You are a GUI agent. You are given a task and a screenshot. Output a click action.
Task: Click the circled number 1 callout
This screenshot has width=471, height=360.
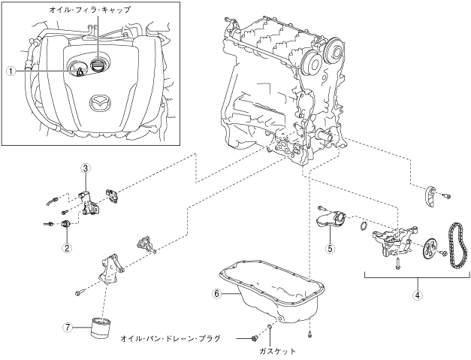tap(11, 71)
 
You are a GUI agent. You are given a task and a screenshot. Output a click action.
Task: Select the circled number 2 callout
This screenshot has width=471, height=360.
tap(67, 248)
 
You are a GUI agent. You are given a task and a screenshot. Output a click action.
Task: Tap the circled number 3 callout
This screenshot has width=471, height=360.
tap(86, 168)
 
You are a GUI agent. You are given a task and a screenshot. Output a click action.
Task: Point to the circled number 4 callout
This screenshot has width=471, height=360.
tap(417, 295)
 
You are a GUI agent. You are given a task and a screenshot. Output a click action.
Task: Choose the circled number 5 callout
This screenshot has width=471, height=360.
tap(331, 248)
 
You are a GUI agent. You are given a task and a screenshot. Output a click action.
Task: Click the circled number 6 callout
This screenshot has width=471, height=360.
tap(216, 294)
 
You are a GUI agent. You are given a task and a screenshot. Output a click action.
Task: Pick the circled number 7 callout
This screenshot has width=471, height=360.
tap(68, 327)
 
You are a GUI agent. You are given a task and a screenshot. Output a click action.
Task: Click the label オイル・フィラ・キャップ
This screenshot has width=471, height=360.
tap(90, 10)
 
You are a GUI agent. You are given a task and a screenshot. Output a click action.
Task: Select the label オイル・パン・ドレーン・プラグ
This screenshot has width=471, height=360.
tap(171, 339)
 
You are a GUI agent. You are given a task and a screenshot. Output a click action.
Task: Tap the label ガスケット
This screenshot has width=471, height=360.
tap(277, 351)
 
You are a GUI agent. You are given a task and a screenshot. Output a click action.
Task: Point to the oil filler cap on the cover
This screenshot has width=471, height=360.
tap(98, 65)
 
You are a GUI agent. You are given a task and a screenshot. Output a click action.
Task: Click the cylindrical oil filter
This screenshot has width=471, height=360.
tap(101, 328)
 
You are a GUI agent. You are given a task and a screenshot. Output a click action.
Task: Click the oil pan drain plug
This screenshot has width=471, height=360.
tap(255, 338)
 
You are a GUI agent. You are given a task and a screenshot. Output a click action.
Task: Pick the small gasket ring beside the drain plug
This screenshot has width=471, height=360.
tap(270, 326)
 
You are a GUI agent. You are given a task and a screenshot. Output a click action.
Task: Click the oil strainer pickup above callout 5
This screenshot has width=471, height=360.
tap(330, 221)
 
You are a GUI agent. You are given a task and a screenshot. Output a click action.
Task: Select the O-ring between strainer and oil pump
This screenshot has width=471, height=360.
tap(363, 226)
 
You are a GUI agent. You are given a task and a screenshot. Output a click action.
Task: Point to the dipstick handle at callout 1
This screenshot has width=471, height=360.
tap(80, 71)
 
